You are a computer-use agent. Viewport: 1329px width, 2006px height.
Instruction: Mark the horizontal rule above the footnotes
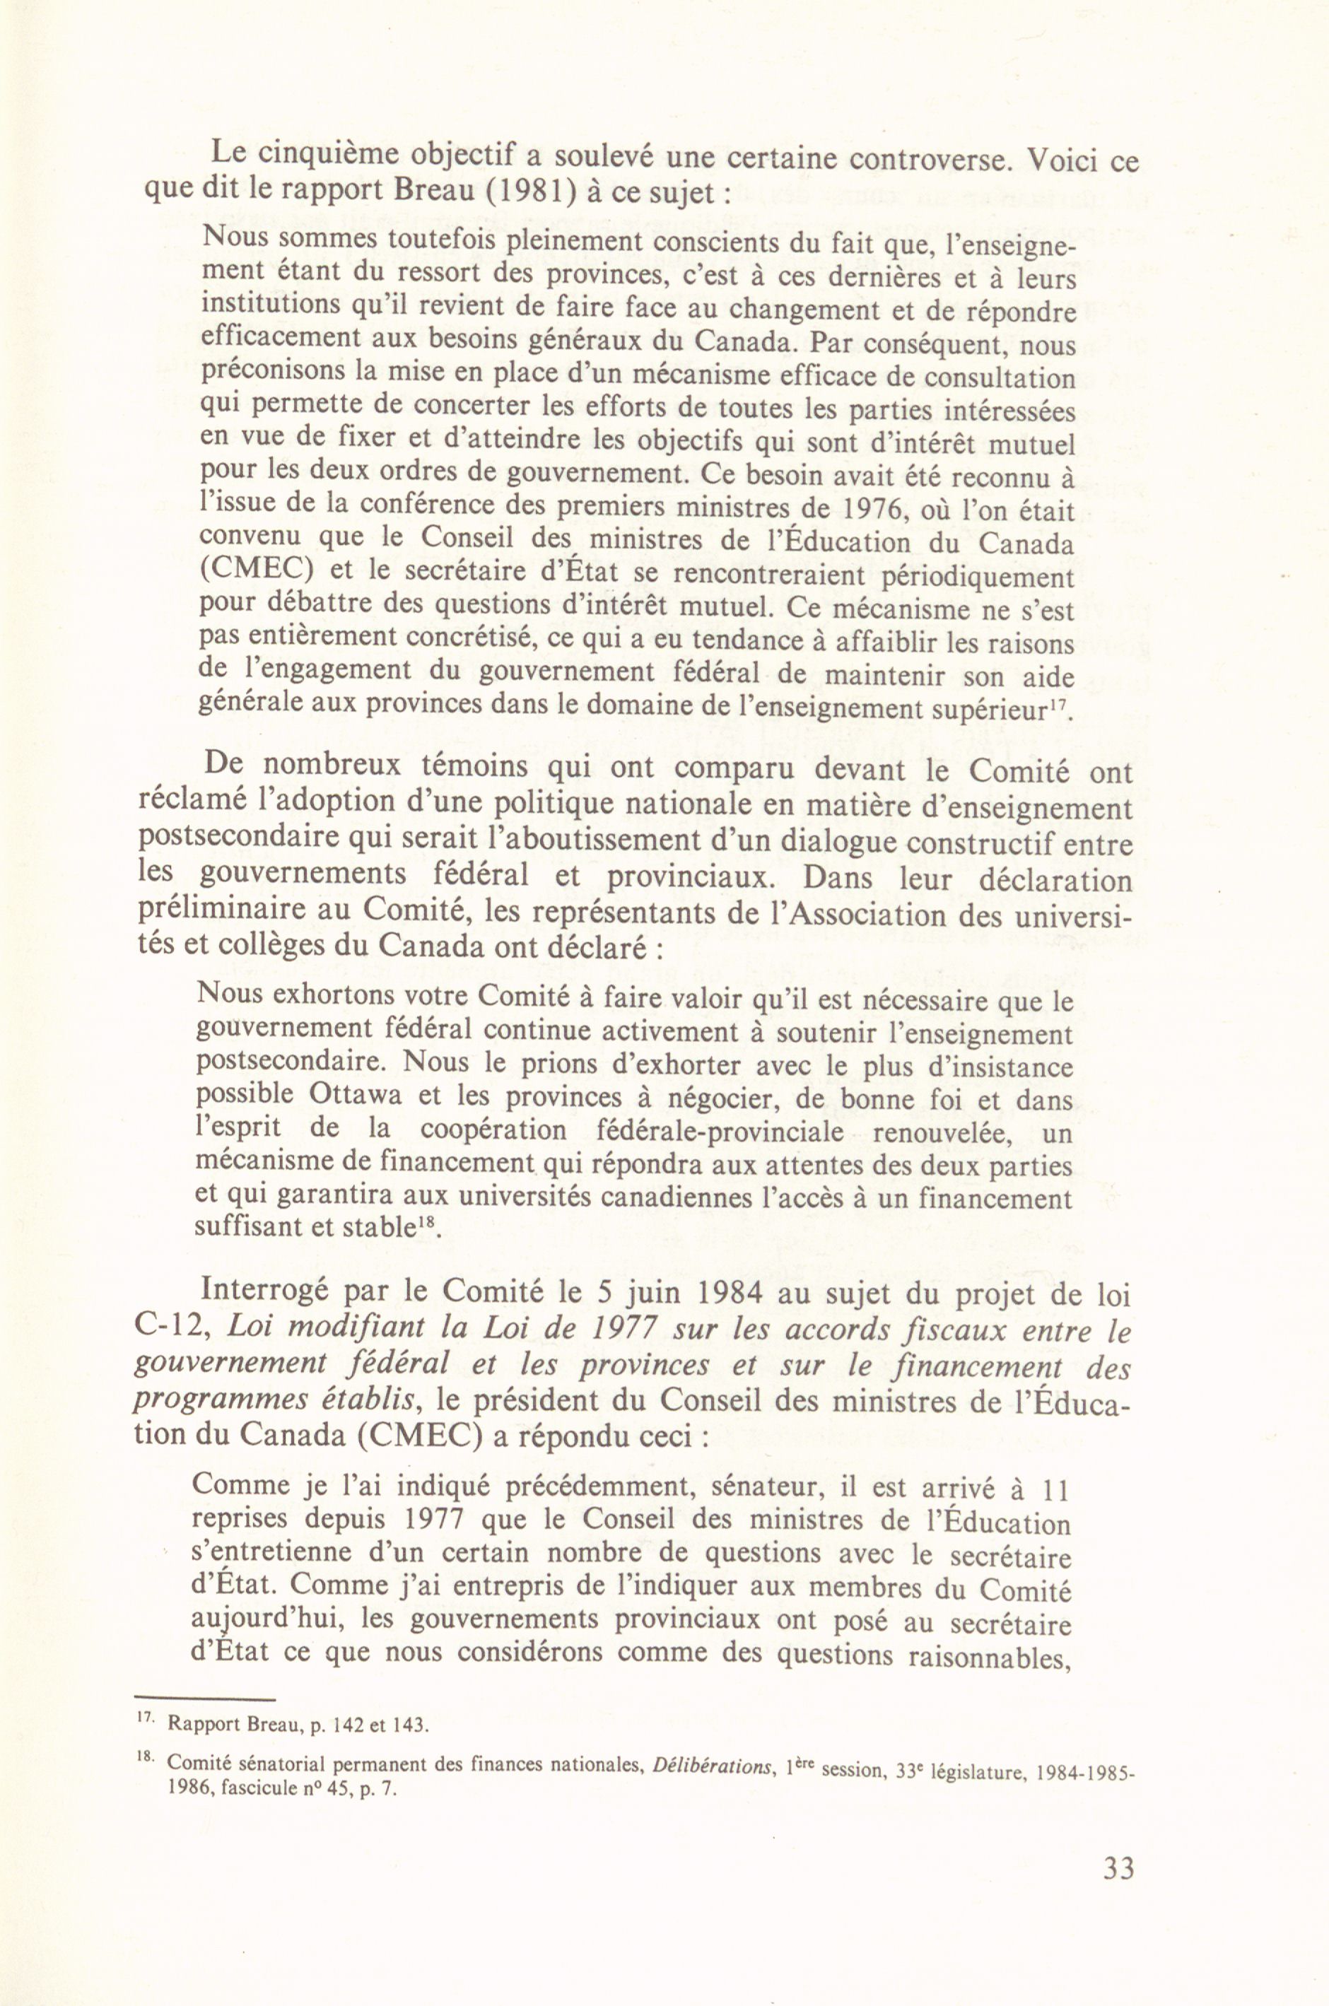pos(205,1700)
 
